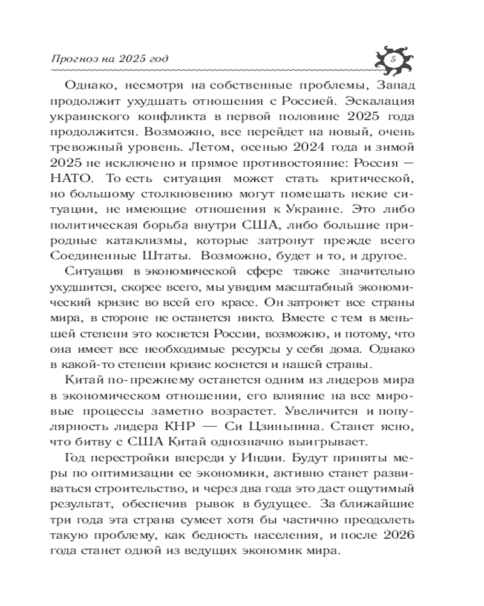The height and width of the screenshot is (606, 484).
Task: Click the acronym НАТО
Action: coord(74,178)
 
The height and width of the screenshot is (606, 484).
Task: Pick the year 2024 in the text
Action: coord(322,147)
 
